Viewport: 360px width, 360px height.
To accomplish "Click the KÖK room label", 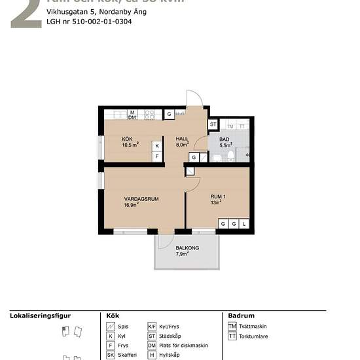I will pyautogui.click(x=127, y=139).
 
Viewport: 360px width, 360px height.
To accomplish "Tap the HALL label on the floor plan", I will pyautogui.click(x=181, y=139).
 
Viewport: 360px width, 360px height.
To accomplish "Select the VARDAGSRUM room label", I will pyautogui.click(x=143, y=198).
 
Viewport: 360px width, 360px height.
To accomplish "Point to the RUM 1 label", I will pyautogui.click(x=218, y=196).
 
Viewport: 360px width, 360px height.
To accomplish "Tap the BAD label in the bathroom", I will pyautogui.click(x=224, y=139).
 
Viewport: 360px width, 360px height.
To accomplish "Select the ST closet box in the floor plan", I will pyautogui.click(x=213, y=124).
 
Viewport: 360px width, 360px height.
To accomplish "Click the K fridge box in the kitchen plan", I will pyautogui.click(x=156, y=146).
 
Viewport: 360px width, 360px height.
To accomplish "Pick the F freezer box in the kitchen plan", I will pyautogui.click(x=156, y=156).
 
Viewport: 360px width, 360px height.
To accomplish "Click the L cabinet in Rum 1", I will pyautogui.click(x=243, y=224).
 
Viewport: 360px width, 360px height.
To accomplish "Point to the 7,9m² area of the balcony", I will pyautogui.click(x=182, y=254).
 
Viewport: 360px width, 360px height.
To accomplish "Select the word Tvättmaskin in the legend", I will pyautogui.click(x=255, y=326).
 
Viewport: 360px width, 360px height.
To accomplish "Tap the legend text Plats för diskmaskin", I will pyautogui.click(x=183, y=346).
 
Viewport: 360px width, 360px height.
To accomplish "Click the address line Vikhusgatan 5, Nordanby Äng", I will pyautogui.click(x=96, y=12).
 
